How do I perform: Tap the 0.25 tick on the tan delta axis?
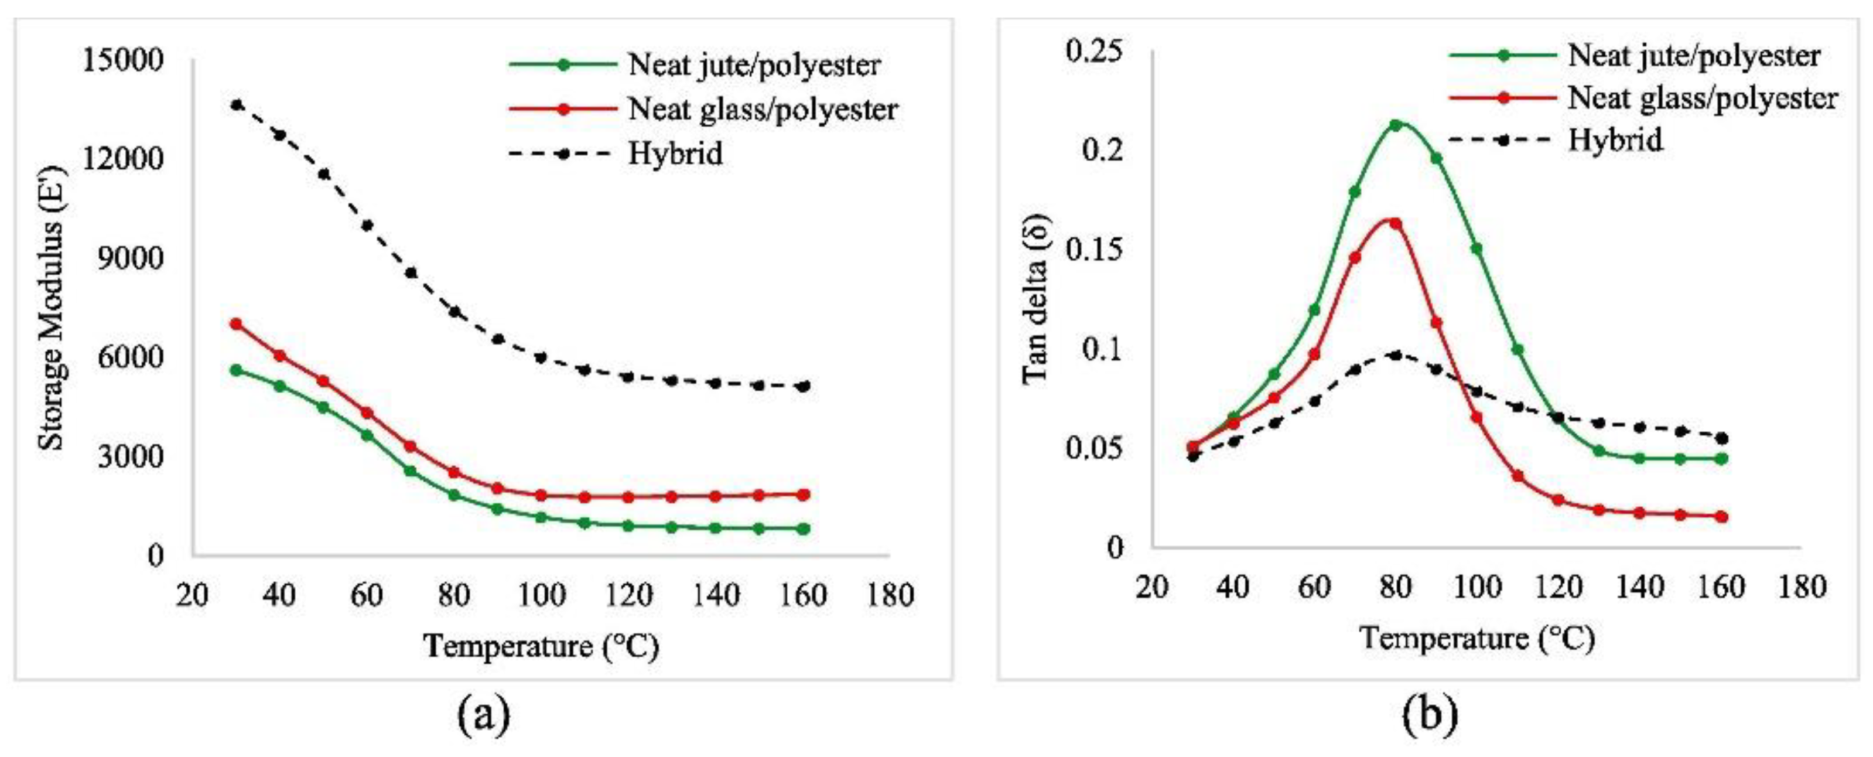1093,51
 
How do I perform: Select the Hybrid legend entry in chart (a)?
675,154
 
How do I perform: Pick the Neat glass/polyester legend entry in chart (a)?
762,110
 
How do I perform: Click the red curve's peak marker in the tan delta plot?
1395,223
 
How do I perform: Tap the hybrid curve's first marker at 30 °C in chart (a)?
236,105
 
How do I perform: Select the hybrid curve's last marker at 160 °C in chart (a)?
804,386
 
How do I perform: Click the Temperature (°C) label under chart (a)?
541,646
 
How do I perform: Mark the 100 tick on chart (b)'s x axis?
1476,587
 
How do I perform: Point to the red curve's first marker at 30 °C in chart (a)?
236,323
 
